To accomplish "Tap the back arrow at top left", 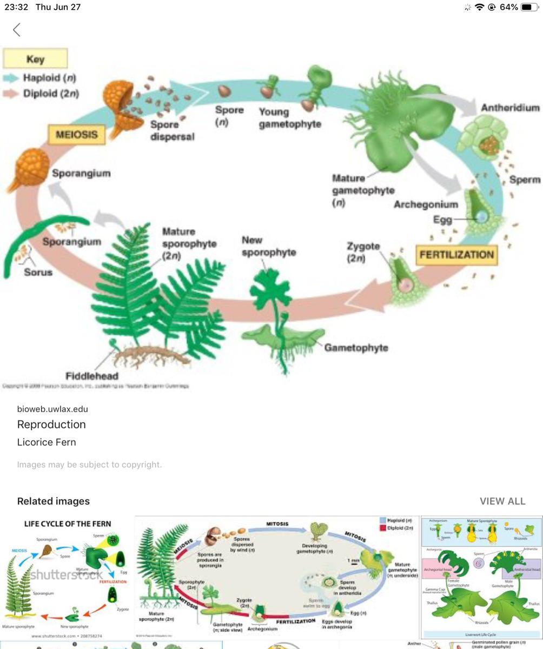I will pos(17,30).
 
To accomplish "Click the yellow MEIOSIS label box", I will pos(76,134).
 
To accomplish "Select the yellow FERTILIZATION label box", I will pos(456,255).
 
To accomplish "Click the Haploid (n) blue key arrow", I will pos(11,78).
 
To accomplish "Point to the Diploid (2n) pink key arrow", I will pos(11,94).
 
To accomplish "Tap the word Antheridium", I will pos(510,108).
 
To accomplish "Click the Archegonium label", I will pos(426,204).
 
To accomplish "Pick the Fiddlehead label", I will pos(92,375).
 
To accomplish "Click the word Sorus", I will pos(38,271).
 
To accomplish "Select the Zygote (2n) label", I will pos(363,252).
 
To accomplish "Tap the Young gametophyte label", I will pos(289,118).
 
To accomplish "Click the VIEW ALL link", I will pos(502,501).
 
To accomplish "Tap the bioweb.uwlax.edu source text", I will pos(52,409).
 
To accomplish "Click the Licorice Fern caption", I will pos(47,442).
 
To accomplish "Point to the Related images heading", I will pos(54,501).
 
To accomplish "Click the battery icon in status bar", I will pos(529,8).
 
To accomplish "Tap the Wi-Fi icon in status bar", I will pos(479,8).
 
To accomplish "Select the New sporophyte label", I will pos(269,246).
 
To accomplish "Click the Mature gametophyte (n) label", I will pos(363,190).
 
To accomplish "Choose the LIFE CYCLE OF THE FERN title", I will pos(68,524).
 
